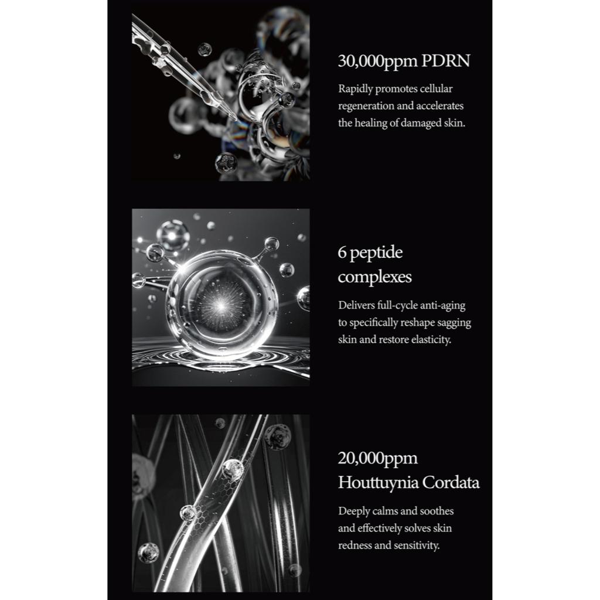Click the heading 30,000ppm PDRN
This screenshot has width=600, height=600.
point(404,62)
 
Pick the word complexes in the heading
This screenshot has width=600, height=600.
point(374,277)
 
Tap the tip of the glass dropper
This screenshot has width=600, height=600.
point(233,117)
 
